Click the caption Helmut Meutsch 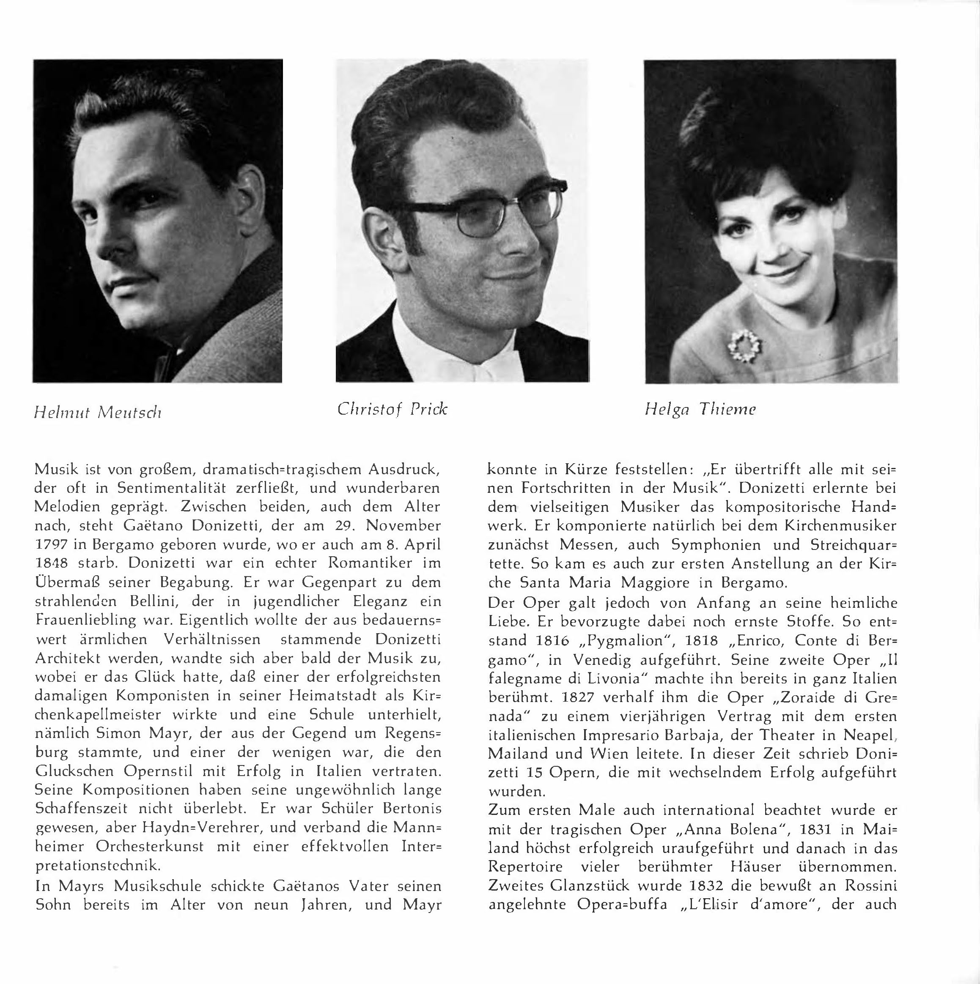coord(97,412)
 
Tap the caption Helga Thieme coord(700,410)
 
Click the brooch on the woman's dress coord(745,346)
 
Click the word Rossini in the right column coord(870,886)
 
